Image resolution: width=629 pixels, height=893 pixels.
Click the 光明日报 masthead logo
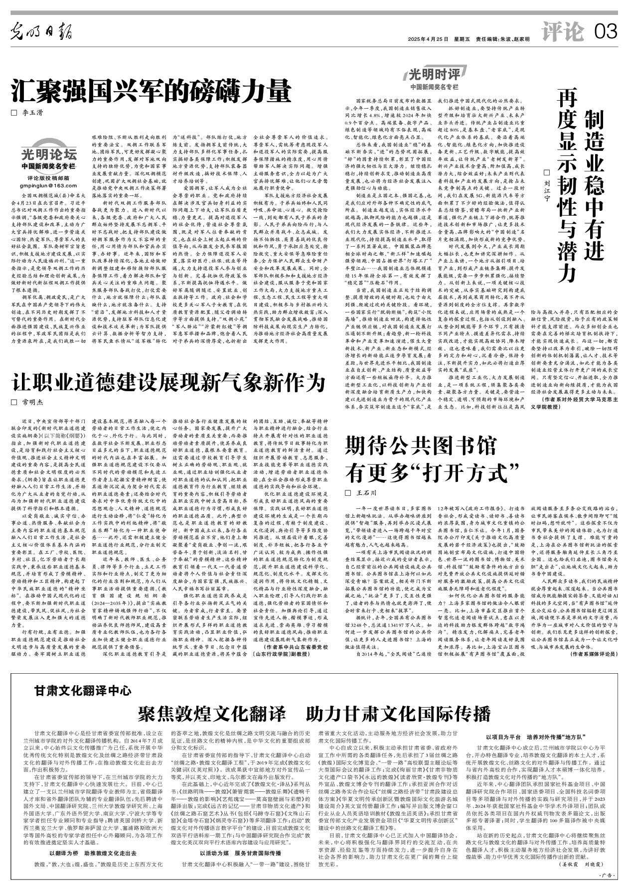pos(42,33)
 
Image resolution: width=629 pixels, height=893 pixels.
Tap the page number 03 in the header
pos(606,33)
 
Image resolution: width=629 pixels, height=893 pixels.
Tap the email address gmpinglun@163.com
pos(48,185)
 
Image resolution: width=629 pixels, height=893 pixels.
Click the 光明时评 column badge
pos(434,75)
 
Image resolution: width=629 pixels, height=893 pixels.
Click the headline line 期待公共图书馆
pos(421,445)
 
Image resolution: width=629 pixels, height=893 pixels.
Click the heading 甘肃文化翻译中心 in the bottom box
pos(83,690)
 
